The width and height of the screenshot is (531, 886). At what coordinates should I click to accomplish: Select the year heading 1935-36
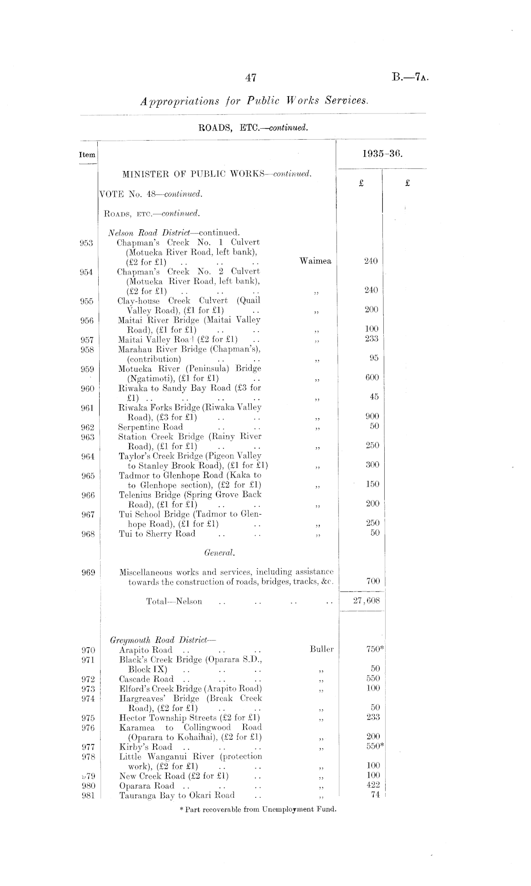tap(383, 154)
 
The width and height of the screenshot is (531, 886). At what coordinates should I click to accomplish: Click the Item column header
tap(87, 155)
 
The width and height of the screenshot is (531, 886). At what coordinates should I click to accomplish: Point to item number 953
tap(86, 242)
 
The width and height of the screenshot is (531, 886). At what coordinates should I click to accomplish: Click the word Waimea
tap(315, 261)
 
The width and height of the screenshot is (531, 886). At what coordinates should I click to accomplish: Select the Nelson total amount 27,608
tap(367, 601)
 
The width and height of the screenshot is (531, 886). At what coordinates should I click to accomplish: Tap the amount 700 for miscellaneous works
tap(373, 580)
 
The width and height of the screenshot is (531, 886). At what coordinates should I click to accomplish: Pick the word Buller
tap(321, 649)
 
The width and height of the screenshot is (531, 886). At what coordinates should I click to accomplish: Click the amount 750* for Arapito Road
tap(375, 649)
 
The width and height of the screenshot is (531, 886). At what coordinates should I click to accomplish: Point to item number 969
tap(87, 572)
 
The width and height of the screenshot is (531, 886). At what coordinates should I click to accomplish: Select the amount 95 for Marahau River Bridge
tap(374, 358)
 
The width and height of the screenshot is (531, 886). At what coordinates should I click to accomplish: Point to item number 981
tap(87, 795)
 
